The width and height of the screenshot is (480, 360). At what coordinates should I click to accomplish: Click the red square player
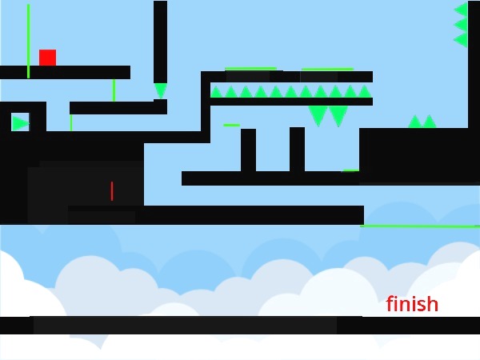point(47,58)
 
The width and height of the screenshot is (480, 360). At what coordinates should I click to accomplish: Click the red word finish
point(412,305)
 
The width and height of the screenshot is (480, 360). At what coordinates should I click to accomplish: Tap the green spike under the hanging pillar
point(161,90)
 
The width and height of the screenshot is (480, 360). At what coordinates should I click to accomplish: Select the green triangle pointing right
point(20,123)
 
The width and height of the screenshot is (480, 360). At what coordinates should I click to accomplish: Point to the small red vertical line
point(111,191)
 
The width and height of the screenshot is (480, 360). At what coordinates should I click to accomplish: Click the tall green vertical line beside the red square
point(28,40)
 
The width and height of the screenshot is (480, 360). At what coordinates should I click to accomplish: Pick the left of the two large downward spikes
point(318,116)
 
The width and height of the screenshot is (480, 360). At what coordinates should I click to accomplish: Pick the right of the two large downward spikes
point(338,116)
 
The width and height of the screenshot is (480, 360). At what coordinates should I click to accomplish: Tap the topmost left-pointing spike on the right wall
point(461,10)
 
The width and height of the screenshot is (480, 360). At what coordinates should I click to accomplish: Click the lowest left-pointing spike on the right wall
point(461,39)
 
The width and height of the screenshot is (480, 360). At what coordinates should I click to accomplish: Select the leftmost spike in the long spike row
point(216,92)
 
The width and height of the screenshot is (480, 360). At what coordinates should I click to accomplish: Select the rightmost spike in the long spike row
point(365,92)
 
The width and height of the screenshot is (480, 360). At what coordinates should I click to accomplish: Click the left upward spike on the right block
point(415,122)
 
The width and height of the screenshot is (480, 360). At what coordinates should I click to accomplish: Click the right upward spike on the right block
point(430,122)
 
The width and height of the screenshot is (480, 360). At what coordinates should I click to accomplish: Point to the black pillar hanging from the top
point(160,40)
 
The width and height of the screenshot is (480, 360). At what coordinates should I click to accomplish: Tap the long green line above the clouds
point(420,226)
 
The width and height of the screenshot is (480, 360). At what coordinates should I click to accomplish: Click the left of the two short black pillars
point(248,150)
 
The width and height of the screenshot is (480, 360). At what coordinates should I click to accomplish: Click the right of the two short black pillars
point(297,149)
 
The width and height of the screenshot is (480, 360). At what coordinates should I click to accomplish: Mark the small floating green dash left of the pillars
point(231,125)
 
